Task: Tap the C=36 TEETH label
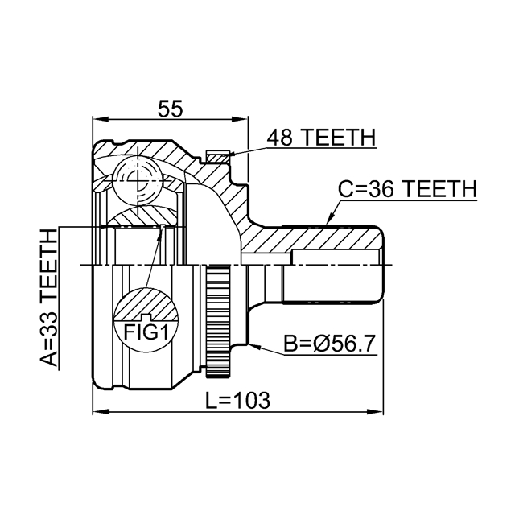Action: pos(406,189)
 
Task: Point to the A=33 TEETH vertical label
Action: pos(49,297)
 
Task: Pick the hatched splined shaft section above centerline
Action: pos(322,239)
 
